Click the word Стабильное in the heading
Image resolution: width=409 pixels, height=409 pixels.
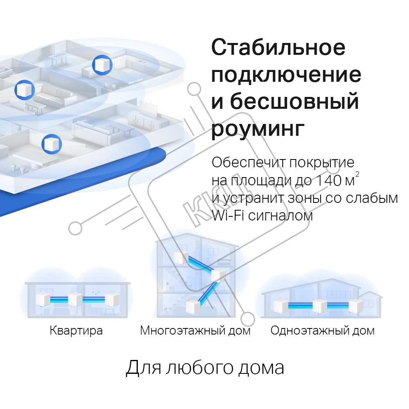pyautogui.click(x=278, y=47)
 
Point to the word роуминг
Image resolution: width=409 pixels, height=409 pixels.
pyautogui.click(x=258, y=128)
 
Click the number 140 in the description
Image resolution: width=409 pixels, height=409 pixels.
pyautogui.click(x=328, y=180)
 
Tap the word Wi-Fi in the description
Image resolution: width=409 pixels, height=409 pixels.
pyautogui.click(x=228, y=216)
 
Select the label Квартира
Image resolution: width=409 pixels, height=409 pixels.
pyautogui.click(x=76, y=330)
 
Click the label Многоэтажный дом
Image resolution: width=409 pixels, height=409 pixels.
pyautogui.click(x=195, y=330)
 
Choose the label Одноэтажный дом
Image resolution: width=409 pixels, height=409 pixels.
pyautogui.click(x=322, y=330)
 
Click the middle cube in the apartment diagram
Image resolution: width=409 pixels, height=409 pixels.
pyautogui.click(x=75, y=299)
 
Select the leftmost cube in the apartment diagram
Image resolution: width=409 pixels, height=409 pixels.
pyautogui.click(x=43, y=299)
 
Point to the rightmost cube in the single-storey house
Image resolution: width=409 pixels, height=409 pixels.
pyautogui.click(x=356, y=306)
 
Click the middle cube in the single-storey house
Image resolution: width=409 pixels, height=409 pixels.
pyautogui.click(x=320, y=306)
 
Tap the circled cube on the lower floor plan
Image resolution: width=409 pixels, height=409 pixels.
pyautogui.click(x=52, y=144)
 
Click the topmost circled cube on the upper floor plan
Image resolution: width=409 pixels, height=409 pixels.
pyautogui.click(x=102, y=65)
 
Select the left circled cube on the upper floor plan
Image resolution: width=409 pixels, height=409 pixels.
pyautogui.click(x=25, y=90)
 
